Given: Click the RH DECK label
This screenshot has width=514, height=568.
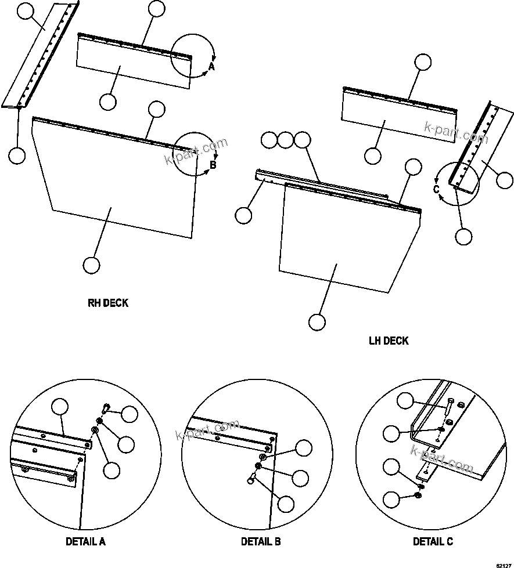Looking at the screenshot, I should [107, 303].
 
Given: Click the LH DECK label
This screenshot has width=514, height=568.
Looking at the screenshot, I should [389, 341].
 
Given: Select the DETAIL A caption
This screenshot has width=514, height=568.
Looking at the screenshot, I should [85, 542].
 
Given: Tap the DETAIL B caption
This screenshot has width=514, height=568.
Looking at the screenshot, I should [261, 542].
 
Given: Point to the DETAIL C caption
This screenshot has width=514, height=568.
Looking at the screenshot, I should [433, 542].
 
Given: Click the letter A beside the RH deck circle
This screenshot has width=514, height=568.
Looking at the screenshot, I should [211, 67].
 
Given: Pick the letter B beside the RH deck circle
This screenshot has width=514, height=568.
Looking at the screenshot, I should [213, 165].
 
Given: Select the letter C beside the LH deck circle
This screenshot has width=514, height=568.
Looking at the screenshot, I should [436, 189].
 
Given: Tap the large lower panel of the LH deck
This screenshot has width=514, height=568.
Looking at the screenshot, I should [348, 238].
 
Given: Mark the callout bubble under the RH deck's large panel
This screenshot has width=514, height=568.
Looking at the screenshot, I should [91, 265].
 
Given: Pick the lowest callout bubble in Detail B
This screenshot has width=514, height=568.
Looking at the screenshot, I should [286, 504].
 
